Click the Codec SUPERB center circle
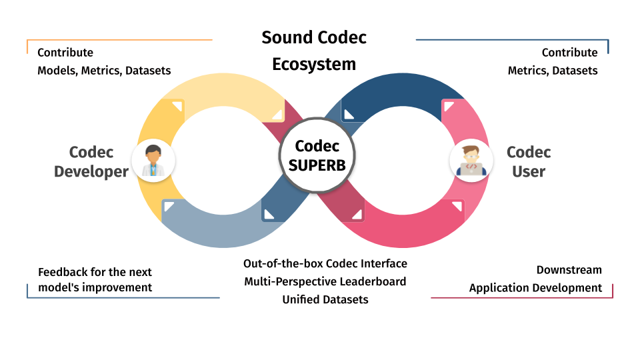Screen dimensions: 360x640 [x=317, y=156]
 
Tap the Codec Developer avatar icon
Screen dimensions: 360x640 [x=153, y=161]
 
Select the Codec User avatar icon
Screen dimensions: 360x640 [x=471, y=161]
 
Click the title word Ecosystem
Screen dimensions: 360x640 [x=314, y=64]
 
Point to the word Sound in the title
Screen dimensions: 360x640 [x=286, y=37]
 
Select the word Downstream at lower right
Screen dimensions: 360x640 [x=569, y=270]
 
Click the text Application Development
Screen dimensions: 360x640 [x=535, y=288]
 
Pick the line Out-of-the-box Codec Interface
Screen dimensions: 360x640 [x=325, y=263]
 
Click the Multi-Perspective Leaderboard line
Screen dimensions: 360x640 [x=325, y=281]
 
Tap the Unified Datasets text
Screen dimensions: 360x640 [x=325, y=299]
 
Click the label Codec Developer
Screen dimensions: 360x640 [x=91, y=162]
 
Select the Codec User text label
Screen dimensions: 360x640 [x=529, y=162]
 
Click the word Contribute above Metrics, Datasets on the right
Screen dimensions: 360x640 [x=569, y=53]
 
